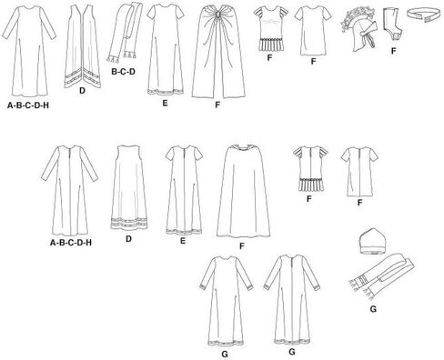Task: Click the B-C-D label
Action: coord(123,72)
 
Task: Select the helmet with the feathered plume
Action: coord(359,30)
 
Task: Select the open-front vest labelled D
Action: coord(83,47)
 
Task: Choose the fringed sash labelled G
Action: coord(381,275)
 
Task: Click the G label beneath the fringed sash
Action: coord(373,309)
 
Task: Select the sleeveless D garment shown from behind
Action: coord(129,187)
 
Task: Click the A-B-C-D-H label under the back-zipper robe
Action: coord(71,243)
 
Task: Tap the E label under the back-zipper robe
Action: coord(183,241)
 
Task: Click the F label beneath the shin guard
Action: coord(393,51)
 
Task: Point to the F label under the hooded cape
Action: coord(242,246)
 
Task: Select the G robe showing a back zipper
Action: coord(291,300)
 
